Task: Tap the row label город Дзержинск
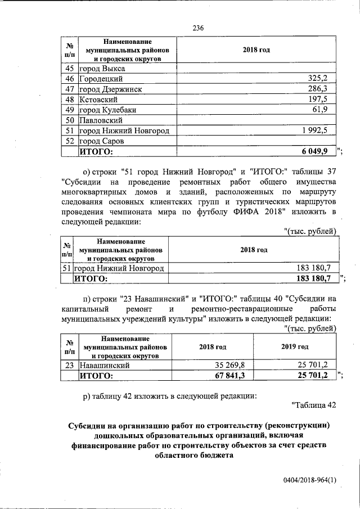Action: pyautogui.click(x=110, y=89)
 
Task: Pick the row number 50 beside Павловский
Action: pyautogui.click(x=70, y=120)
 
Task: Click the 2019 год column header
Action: pyautogui.click(x=295, y=347)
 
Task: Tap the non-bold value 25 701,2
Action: pyautogui.click(x=312, y=365)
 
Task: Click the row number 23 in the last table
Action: pyautogui.click(x=70, y=365)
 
